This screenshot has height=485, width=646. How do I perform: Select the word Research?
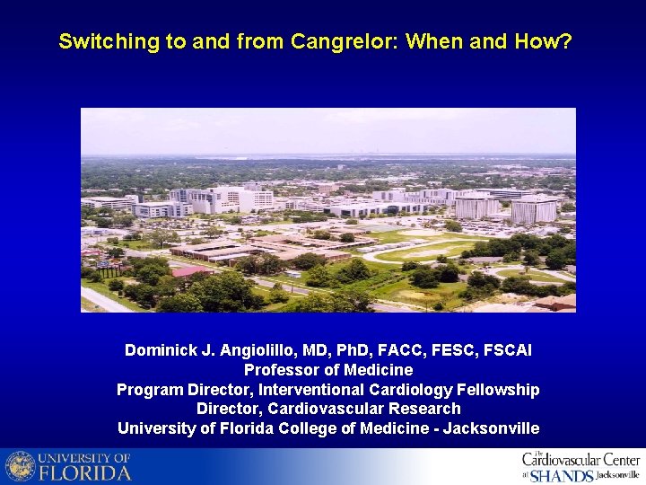(423, 409)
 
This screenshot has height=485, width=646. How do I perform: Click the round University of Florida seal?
(20, 466)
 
